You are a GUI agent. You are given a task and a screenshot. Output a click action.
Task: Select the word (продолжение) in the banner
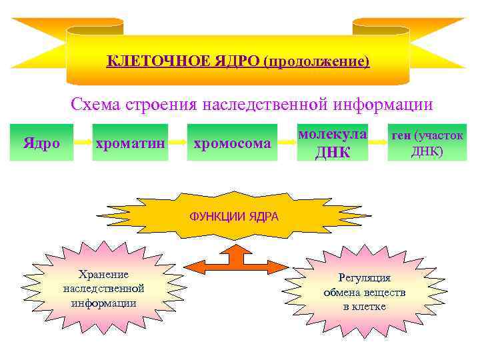(315, 62)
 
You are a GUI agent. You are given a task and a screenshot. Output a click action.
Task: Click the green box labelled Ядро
(41, 143)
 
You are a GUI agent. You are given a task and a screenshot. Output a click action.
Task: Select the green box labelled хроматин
(129, 143)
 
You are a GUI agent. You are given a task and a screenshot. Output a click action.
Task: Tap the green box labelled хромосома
(231, 143)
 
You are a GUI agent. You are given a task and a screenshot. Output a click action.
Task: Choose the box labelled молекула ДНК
(332, 143)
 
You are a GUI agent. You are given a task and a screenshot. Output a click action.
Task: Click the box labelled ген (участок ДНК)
(427, 143)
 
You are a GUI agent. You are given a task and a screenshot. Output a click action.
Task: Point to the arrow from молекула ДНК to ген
(378, 143)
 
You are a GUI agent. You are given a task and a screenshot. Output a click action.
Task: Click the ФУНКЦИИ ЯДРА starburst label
(234, 217)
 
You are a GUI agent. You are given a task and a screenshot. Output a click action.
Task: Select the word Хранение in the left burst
(103, 275)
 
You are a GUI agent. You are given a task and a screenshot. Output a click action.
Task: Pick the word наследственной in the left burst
(103, 289)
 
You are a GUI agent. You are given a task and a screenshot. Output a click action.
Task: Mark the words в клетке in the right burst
(364, 307)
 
